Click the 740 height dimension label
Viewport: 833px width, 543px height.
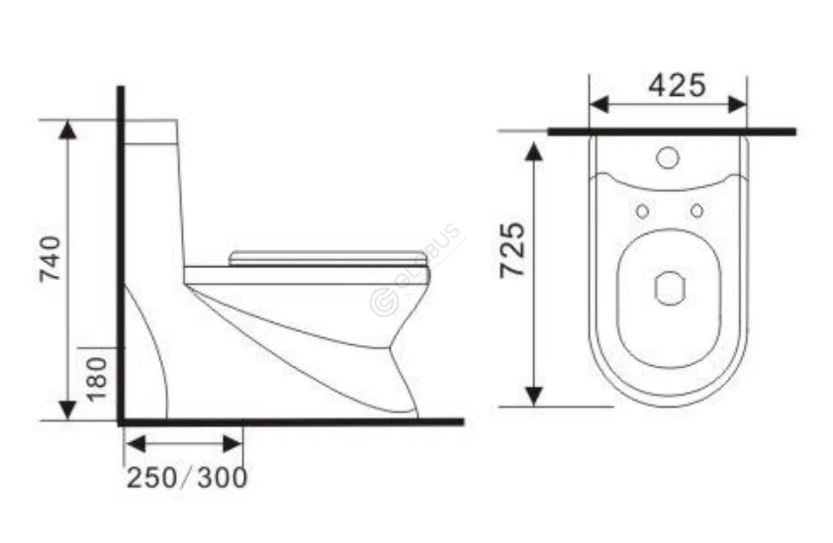tap(51, 259)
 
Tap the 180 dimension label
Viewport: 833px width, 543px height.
tap(96, 379)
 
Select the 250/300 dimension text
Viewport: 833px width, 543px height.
tap(186, 478)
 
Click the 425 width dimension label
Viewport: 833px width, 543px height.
tap(677, 86)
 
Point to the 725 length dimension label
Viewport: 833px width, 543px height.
tap(511, 250)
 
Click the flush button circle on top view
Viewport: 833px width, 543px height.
tap(669, 157)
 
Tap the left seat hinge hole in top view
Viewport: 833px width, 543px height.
tap(642, 211)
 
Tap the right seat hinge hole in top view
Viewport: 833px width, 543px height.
tap(696, 211)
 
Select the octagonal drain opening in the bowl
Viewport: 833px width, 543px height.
tap(670, 288)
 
